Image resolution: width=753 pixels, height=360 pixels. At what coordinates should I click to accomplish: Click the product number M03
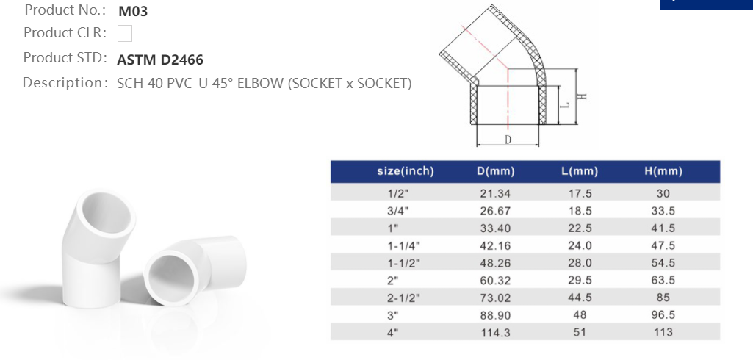click(133, 11)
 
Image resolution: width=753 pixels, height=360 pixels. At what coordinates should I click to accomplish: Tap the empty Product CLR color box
click(125, 33)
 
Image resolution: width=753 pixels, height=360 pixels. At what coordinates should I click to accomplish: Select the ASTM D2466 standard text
click(160, 60)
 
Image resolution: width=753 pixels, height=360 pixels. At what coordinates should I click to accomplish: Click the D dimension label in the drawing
click(508, 140)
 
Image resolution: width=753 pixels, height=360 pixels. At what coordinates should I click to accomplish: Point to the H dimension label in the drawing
click(580, 97)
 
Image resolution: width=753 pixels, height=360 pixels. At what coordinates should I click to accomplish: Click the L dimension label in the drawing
click(564, 106)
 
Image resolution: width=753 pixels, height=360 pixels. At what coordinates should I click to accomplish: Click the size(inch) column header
click(406, 172)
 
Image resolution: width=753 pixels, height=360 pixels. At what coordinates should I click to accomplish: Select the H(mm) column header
click(663, 172)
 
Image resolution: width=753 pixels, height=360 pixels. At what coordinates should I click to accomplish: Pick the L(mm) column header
click(579, 172)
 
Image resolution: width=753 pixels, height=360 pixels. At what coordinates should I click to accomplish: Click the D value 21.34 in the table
click(495, 194)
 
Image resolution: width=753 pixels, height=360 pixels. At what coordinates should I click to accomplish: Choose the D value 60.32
click(495, 280)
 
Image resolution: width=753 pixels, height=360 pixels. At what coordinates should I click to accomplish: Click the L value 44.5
click(579, 298)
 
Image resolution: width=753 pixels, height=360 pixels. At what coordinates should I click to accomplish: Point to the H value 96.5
click(663, 314)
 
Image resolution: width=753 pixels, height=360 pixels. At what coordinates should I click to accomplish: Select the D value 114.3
click(495, 332)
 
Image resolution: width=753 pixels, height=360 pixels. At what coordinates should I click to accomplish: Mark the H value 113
click(663, 332)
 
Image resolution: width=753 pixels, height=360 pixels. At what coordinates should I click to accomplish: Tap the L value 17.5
click(579, 194)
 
